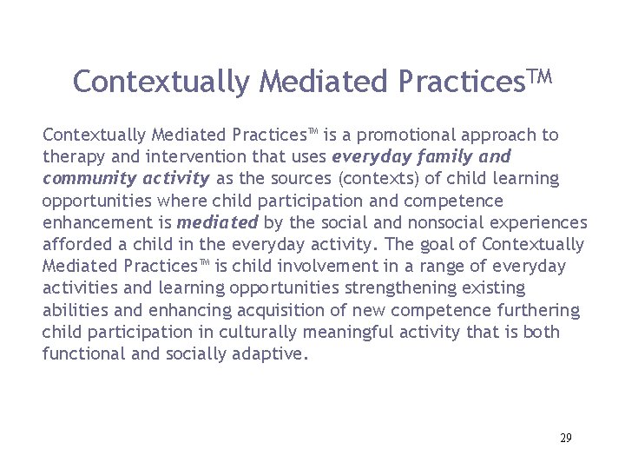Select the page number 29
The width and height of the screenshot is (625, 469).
(x=565, y=438)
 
